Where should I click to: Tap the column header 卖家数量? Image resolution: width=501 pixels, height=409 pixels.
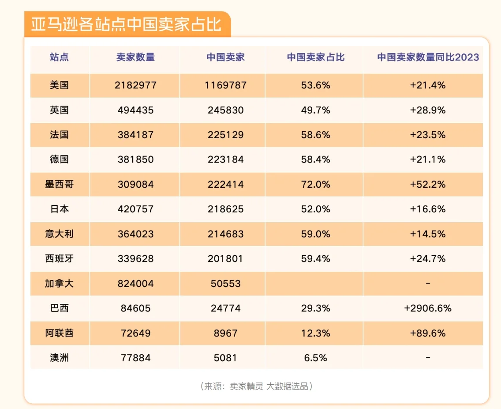tap(135, 57)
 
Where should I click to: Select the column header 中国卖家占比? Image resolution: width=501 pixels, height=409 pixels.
tap(315, 57)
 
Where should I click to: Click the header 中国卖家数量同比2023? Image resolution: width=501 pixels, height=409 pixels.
tap(428, 57)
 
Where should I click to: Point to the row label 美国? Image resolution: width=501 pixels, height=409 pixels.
tap(59, 85)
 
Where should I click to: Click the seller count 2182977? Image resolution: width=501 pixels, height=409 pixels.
tap(135, 85)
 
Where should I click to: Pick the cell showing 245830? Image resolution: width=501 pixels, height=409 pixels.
tap(225, 110)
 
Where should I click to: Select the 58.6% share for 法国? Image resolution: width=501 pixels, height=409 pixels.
tap(315, 135)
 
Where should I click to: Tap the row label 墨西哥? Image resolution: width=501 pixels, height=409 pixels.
tap(59, 184)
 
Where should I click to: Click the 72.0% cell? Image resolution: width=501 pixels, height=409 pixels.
tap(315, 184)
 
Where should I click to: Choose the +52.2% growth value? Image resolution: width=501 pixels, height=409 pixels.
tap(428, 184)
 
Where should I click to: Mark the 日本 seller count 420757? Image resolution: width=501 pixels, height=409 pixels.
tap(135, 209)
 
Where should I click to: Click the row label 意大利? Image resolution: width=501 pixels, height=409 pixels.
tap(59, 234)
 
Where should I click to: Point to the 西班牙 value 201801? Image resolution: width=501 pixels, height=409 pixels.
tap(225, 258)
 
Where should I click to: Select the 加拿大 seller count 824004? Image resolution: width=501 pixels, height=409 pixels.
tap(135, 284)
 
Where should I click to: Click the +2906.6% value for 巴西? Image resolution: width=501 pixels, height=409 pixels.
tap(428, 308)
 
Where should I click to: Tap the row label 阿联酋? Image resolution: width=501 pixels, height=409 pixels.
tap(59, 333)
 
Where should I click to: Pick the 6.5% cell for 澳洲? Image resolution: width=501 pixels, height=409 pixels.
tap(315, 358)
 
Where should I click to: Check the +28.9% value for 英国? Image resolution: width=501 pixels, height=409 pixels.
tap(428, 110)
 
